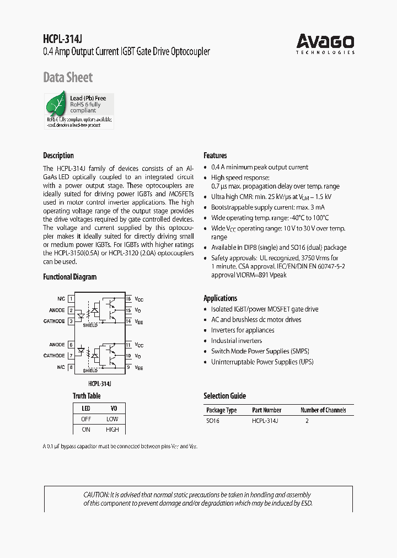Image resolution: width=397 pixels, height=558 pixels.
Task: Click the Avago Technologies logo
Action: tap(325, 43)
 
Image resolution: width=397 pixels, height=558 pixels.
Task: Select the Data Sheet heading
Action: tap(68, 77)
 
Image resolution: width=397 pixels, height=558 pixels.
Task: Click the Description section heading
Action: tap(58, 155)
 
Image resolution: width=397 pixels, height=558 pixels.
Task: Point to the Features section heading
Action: tap(215, 155)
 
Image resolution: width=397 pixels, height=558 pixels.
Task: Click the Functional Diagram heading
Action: tap(69, 277)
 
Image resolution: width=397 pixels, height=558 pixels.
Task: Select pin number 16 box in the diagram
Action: tap(128, 299)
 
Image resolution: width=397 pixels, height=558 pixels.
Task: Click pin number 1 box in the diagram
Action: tap(71, 299)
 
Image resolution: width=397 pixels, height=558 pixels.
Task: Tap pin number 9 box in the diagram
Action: tap(128, 367)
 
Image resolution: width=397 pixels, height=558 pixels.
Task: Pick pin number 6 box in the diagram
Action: tap(71, 345)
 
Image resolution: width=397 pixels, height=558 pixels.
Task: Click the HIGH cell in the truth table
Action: tap(112, 430)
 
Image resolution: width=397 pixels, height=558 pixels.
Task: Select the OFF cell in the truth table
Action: tap(86, 419)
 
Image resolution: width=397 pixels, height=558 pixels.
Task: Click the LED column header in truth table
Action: tap(86, 409)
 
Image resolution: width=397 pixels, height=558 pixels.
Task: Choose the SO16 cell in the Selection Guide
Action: tap(213, 421)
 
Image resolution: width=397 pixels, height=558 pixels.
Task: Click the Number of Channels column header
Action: tap(323, 410)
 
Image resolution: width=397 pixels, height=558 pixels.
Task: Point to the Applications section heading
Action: tap(221, 298)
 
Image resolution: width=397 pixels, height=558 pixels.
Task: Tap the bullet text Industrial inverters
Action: tap(237, 341)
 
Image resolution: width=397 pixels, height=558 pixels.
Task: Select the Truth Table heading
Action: tap(87, 395)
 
